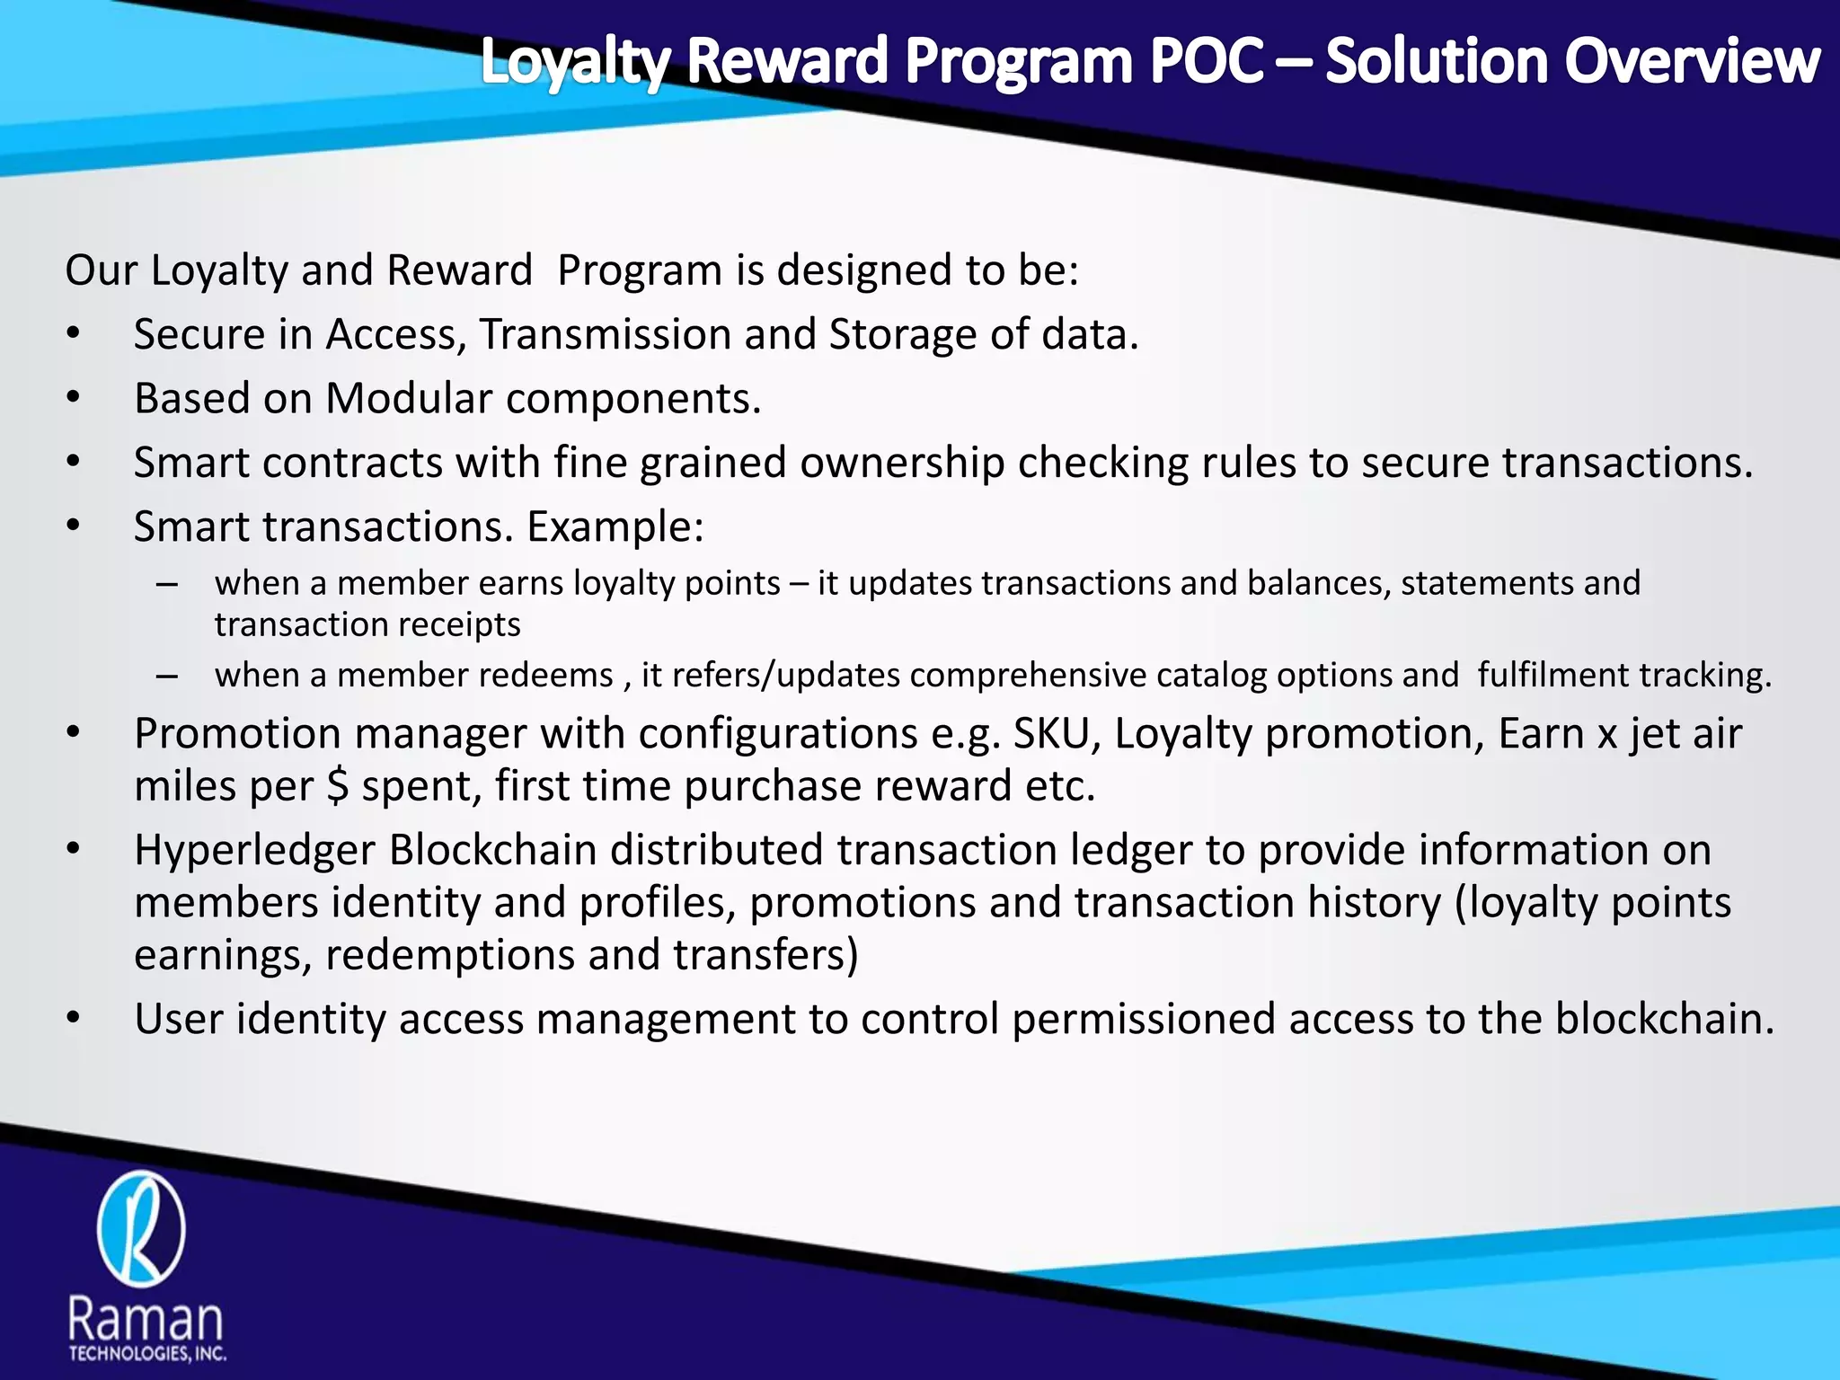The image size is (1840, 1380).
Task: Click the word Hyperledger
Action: pyautogui.click(x=254, y=851)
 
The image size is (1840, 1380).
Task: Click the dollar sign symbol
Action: pyautogui.click(x=338, y=786)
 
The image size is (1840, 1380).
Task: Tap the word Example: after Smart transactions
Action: pyautogui.click(x=615, y=526)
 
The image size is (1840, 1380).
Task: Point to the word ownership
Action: pyautogui.click(x=902, y=463)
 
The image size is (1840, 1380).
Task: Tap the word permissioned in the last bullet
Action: pyautogui.click(x=1144, y=1019)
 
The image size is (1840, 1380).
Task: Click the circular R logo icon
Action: pyautogui.click(x=141, y=1228)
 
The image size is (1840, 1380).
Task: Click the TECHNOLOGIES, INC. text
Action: pyautogui.click(x=147, y=1354)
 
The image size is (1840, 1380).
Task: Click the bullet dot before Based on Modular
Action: pyautogui.click(x=74, y=398)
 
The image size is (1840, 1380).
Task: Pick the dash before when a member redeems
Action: pyautogui.click(x=167, y=675)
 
